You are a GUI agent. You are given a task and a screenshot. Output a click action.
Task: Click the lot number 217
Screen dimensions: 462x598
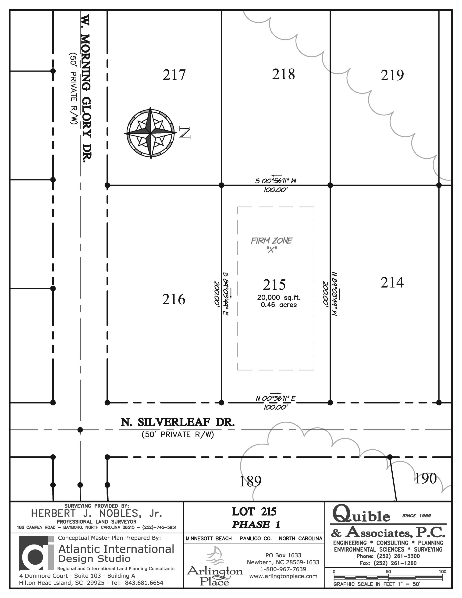click(174, 75)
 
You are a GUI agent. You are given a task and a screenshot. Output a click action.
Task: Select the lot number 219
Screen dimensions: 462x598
click(392, 75)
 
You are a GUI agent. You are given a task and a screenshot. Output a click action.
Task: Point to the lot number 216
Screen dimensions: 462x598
click(174, 299)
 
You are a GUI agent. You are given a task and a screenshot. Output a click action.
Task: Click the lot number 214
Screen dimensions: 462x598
click(392, 282)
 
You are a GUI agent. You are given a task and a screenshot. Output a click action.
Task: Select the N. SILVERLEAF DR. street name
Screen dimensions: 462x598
click(178, 423)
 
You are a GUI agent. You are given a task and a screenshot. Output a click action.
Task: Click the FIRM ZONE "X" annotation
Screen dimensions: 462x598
click(272, 245)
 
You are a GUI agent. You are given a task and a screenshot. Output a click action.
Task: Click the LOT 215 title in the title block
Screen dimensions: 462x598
click(254, 512)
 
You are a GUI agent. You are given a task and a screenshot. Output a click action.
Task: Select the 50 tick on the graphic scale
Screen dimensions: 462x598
click(388, 571)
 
